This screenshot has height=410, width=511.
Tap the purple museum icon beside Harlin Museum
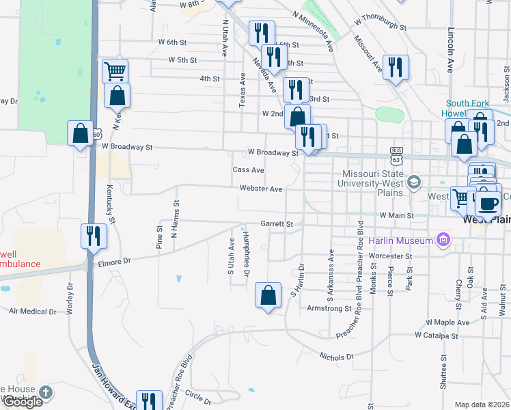coord(444,240)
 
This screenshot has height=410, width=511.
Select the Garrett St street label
coord(277,223)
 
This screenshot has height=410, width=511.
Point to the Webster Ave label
coord(261,189)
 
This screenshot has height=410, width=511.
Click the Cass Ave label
coord(248,169)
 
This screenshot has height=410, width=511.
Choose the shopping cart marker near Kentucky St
coord(115,71)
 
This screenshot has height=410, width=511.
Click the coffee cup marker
coord(488,204)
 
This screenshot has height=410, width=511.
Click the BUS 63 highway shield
coord(396,155)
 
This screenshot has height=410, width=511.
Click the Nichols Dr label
coord(337,356)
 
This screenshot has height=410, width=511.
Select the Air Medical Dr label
coord(33,311)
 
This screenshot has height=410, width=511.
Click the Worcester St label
coord(391,256)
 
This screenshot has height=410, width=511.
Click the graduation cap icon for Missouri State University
coord(413,182)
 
